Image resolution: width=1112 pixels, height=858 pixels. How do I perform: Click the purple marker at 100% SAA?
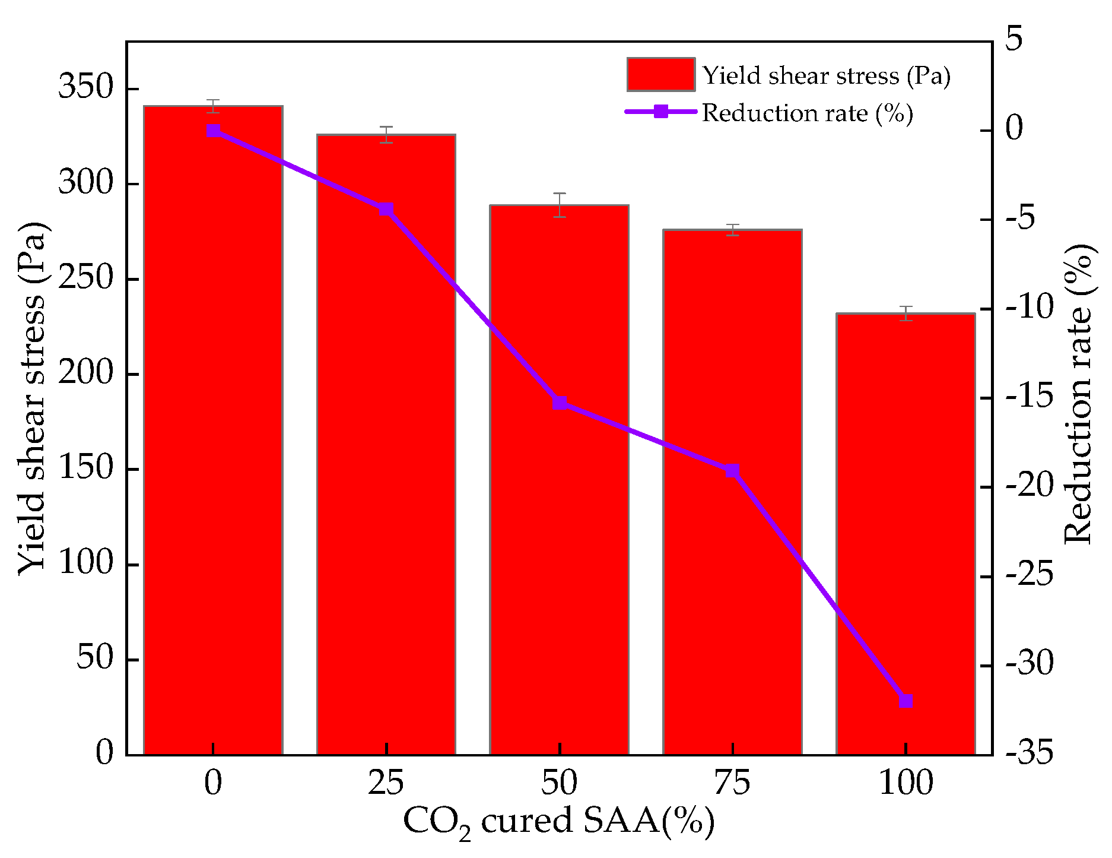click(906, 701)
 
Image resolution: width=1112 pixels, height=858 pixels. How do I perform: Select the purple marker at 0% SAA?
click(213, 131)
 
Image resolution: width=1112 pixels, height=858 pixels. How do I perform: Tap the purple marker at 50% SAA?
click(560, 403)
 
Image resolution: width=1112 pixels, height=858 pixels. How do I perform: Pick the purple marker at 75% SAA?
click(733, 471)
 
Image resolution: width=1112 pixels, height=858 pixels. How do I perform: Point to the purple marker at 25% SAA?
click(386, 210)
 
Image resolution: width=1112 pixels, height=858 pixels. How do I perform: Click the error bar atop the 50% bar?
click(560, 205)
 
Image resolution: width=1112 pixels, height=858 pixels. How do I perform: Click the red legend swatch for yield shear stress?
click(660, 75)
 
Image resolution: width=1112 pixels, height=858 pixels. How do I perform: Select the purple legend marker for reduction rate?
click(660, 112)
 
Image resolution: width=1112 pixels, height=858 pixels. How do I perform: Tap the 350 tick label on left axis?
click(85, 88)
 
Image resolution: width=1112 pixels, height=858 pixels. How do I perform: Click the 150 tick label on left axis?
click(85, 469)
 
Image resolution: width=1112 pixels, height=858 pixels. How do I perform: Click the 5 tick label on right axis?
click(1014, 40)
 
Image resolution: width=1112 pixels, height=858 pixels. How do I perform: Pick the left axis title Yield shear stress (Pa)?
click(31, 398)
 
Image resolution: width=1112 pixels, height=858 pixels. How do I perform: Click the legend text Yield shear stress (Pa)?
click(826, 76)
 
